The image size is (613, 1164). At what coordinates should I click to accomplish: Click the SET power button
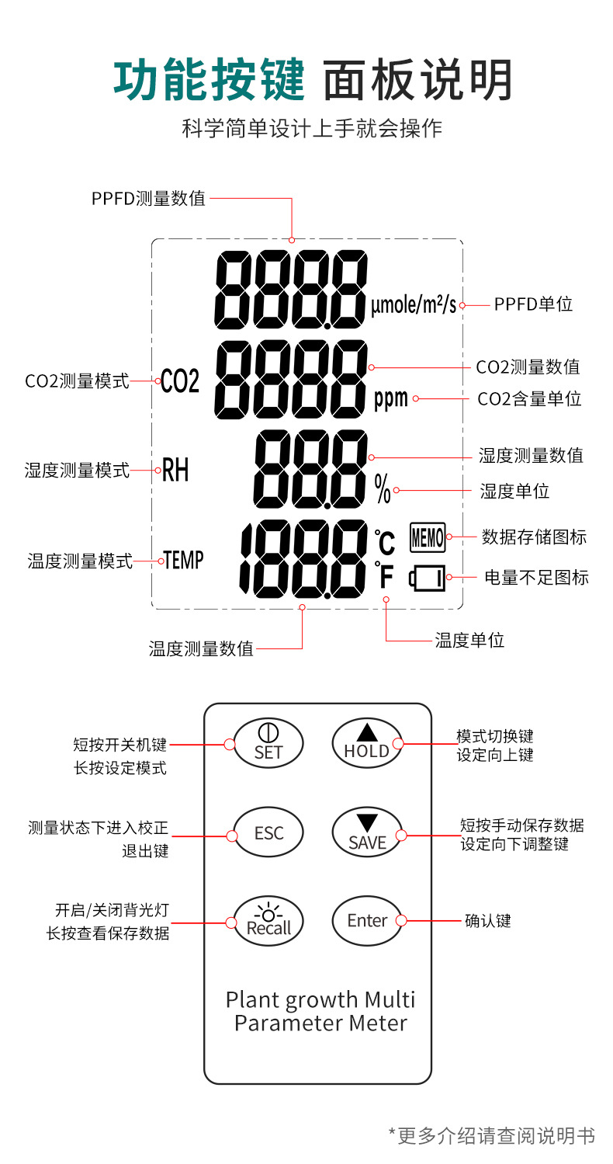coord(268,743)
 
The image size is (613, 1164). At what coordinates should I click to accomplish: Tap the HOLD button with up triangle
coord(367,743)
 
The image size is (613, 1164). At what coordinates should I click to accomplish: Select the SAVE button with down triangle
coord(367,834)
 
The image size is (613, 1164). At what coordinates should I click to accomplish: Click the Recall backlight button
coord(268,921)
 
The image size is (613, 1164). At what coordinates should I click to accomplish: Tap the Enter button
coord(367,921)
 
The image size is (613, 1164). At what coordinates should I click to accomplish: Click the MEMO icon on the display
coord(427,537)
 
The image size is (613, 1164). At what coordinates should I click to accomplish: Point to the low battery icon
coord(428,578)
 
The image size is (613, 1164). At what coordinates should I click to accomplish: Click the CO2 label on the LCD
coord(180,381)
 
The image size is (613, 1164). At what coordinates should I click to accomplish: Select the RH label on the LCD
coord(175,470)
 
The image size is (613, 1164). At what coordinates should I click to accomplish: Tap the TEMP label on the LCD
coord(184,560)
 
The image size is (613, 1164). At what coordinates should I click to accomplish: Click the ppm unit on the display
coord(391,399)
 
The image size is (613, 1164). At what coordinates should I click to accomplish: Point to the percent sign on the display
coord(383,488)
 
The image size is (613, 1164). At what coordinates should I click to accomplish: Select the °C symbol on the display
coord(385,541)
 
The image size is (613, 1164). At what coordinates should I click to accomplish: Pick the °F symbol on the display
coord(385,576)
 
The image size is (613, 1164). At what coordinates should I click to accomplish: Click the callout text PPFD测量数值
coord(148,198)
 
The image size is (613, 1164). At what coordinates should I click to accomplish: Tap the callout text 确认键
coord(487,921)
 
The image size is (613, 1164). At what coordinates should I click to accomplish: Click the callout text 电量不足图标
coord(536,577)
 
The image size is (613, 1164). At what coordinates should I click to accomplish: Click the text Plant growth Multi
coord(320,999)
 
